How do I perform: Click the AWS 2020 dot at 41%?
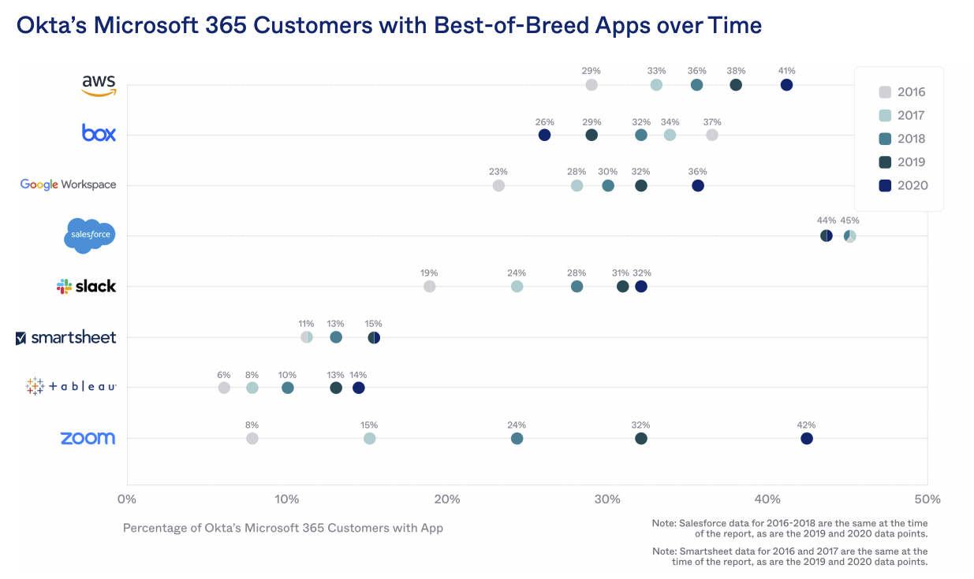pyautogui.click(x=786, y=85)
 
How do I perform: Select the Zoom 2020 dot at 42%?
pyautogui.click(x=807, y=439)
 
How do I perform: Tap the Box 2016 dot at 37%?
pyautogui.click(x=712, y=135)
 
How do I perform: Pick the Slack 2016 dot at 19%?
pyautogui.click(x=430, y=287)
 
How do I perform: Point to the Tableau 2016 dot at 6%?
pyautogui.click(x=224, y=388)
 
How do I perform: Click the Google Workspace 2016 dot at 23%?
pyautogui.click(x=498, y=186)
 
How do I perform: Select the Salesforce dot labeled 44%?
pyautogui.click(x=826, y=236)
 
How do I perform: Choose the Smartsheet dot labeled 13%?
pyautogui.click(x=336, y=338)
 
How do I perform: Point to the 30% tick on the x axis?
pyautogui.click(x=607, y=499)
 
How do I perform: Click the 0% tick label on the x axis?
pyautogui.click(x=126, y=499)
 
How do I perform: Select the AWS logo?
pyautogui.click(x=99, y=85)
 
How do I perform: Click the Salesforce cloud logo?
pyautogui.click(x=89, y=236)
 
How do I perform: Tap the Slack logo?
pyautogui.click(x=87, y=287)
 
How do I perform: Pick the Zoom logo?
pyautogui.click(x=88, y=439)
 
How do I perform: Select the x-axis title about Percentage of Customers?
pyautogui.click(x=283, y=528)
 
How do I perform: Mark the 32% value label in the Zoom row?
pyautogui.click(x=640, y=425)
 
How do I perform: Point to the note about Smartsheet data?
pyautogui.click(x=789, y=556)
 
